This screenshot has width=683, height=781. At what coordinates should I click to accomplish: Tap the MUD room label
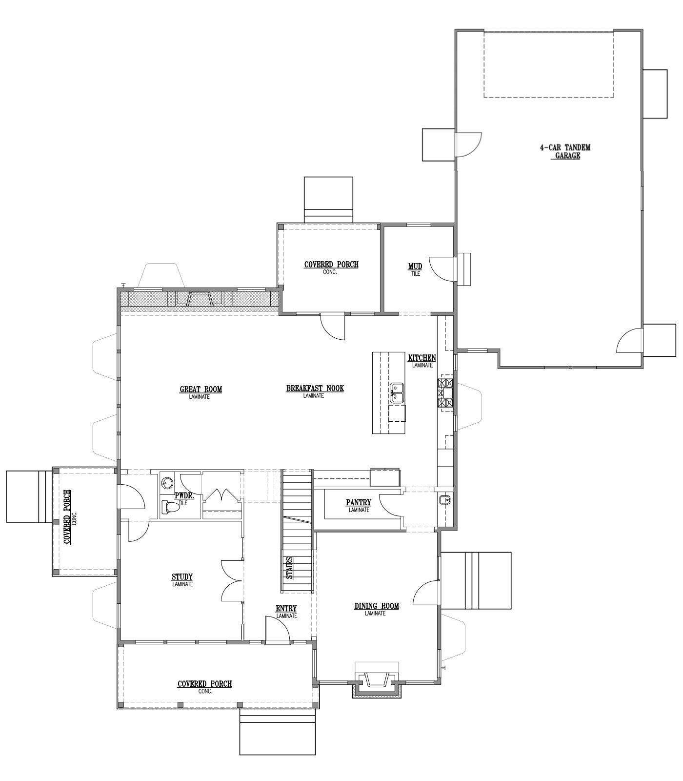pyautogui.click(x=415, y=269)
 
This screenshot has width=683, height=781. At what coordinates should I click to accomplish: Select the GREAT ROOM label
pyautogui.click(x=201, y=392)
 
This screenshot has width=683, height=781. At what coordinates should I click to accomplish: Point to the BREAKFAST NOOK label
pyautogui.click(x=315, y=391)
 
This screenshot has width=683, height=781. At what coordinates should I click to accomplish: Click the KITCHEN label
pyautogui.click(x=422, y=361)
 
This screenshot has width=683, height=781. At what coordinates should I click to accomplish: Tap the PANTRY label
pyautogui.click(x=359, y=506)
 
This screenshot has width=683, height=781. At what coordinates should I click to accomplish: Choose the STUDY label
pyautogui.click(x=182, y=580)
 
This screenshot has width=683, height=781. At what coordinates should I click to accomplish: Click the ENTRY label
pyautogui.click(x=286, y=612)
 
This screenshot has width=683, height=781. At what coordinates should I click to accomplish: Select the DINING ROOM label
pyautogui.click(x=376, y=609)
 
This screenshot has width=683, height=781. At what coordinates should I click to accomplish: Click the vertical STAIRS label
pyautogui.click(x=290, y=568)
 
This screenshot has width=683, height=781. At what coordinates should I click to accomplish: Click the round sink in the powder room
pyautogui.click(x=166, y=483)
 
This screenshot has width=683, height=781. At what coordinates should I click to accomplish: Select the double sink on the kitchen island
pyautogui.click(x=397, y=392)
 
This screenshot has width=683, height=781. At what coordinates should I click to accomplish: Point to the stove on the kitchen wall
pyautogui.click(x=446, y=393)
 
